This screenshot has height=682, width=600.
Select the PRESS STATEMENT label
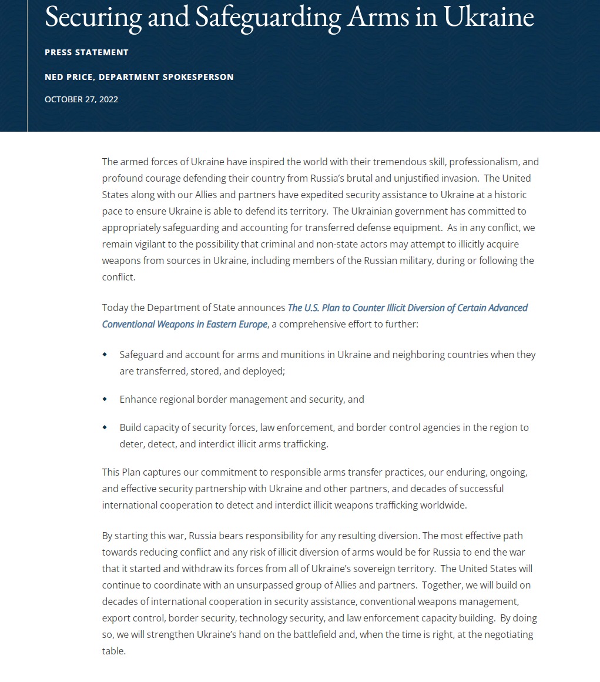tap(86, 52)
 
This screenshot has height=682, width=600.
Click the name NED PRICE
tap(68, 77)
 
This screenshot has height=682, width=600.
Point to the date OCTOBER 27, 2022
tap(81, 99)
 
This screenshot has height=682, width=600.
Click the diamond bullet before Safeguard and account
tap(105, 355)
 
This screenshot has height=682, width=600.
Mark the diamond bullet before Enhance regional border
tap(105, 399)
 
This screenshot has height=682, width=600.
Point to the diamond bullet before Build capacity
tap(105, 427)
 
